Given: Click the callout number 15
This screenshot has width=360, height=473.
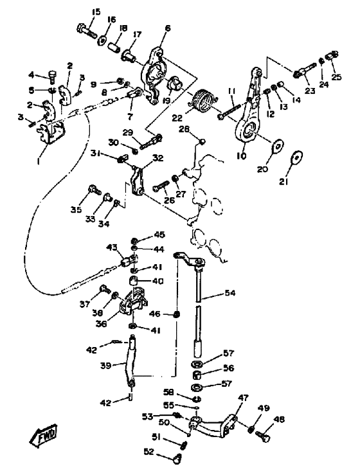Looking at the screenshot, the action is tap(96, 12).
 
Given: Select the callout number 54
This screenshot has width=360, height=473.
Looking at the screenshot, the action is tap(230, 292).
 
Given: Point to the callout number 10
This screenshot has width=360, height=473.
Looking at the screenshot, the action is tap(242, 156).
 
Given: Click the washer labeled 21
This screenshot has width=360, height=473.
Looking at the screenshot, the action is tap(298, 157).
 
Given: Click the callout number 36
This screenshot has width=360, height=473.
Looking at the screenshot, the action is tap(102, 323).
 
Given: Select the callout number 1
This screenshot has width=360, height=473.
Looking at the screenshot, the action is tap(39, 161).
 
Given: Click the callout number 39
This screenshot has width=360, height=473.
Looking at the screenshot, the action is tap(106, 366).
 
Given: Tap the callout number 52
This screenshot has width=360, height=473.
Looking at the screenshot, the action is tap(149, 452).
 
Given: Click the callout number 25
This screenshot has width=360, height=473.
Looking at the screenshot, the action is tap(336, 77).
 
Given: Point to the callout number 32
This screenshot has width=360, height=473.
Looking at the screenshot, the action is tap(157, 158).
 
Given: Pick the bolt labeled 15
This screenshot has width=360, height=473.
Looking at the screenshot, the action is tap(86, 30).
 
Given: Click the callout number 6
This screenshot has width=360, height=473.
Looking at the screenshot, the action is tap(168, 28).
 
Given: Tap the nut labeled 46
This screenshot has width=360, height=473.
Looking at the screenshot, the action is tap(177, 314).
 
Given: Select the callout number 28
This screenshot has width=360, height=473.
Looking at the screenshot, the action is tap(184, 129).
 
